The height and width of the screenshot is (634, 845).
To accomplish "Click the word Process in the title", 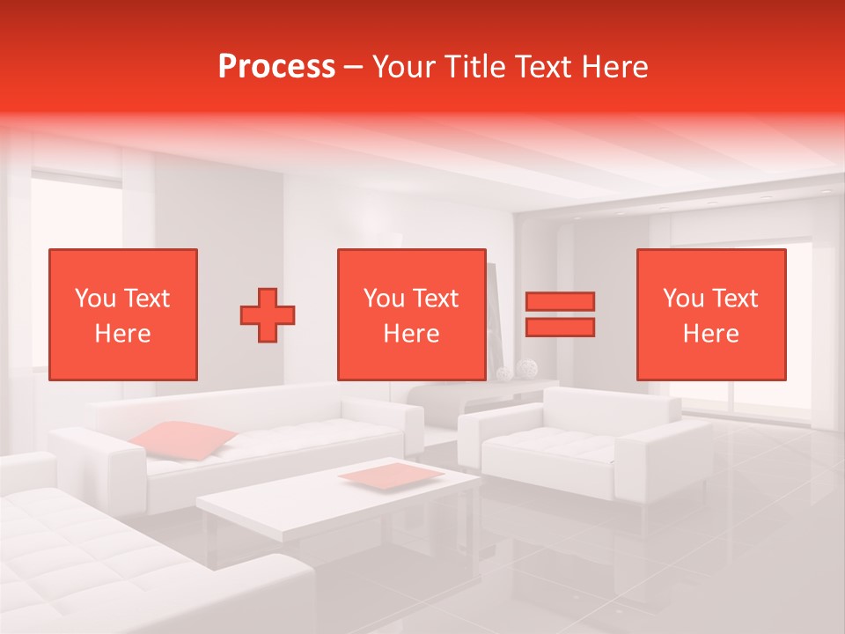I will tap(276, 67).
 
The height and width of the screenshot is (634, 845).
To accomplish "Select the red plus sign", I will tap(268, 315).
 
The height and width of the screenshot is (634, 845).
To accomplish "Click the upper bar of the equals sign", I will tap(560, 301).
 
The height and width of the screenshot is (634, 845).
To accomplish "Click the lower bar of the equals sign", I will tap(560, 328).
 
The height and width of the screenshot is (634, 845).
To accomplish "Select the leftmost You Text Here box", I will tap(122, 314).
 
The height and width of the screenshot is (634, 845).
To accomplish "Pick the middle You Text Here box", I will tap(411, 314).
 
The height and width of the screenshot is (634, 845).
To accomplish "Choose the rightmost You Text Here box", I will tap(710, 314).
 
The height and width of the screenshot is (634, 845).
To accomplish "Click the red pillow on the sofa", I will tap(183, 439).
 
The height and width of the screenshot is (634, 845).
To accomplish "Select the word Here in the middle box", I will tap(411, 334).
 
